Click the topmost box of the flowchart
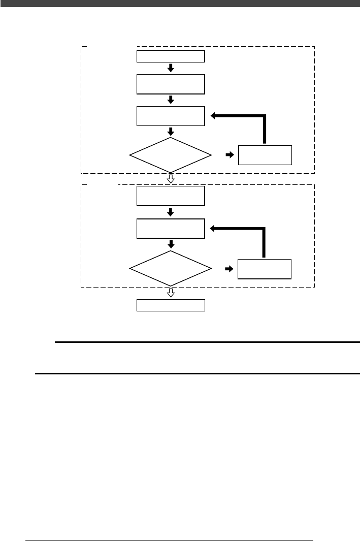click(171, 56)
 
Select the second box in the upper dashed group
click(171, 84)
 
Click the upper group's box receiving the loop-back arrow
click(171, 116)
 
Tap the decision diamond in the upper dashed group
click(171, 154)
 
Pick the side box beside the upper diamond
click(265, 155)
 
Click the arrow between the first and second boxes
click(171, 68)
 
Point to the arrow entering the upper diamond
click(171, 131)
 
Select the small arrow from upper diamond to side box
click(230, 154)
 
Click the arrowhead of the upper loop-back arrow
click(213, 116)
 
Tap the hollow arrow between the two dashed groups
click(171, 179)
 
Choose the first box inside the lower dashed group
click(171, 196)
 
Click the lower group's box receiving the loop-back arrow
click(171, 229)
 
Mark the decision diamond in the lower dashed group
click(171, 268)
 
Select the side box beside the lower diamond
click(265, 269)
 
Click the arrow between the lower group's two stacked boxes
click(171, 212)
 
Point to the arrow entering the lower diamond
click(171, 244)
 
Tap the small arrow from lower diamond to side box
click(230, 268)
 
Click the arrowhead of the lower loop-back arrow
click(213, 229)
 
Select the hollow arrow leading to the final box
click(171, 293)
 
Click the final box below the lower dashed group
click(171, 305)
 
